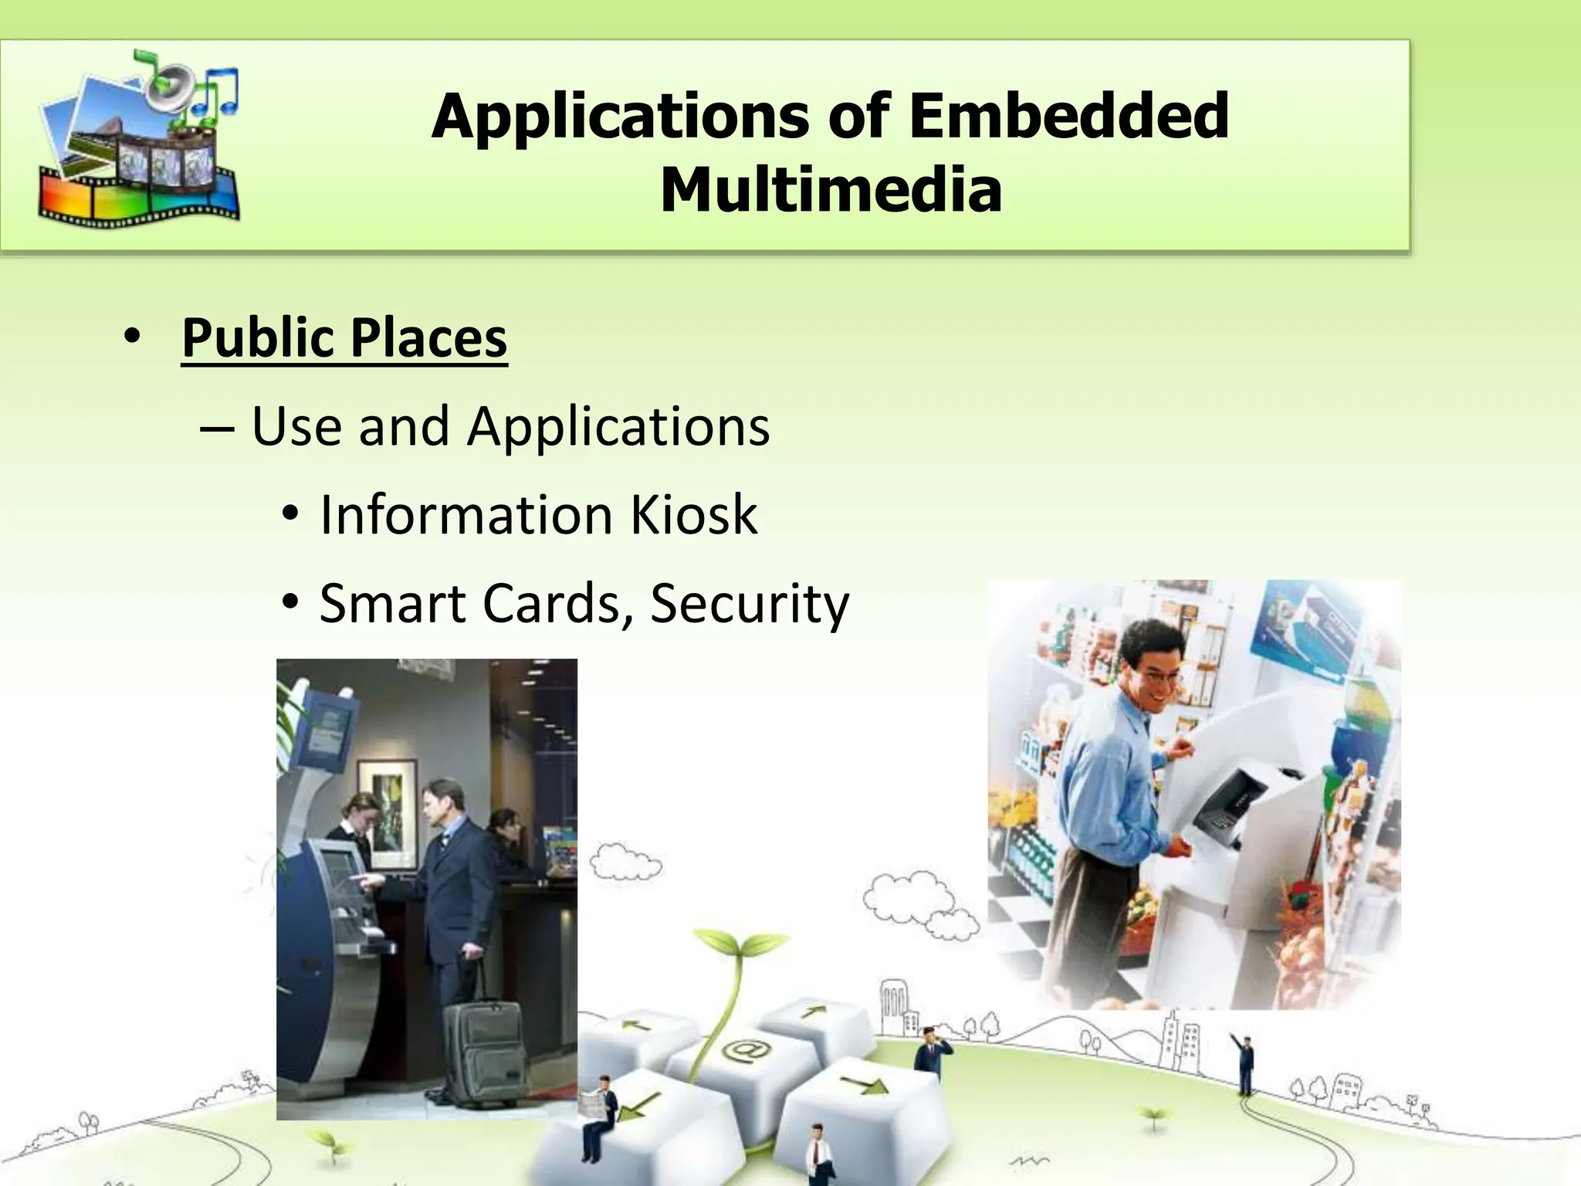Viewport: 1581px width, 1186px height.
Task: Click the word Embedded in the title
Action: [1068, 116]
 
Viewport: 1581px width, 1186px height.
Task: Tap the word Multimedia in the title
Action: [831, 190]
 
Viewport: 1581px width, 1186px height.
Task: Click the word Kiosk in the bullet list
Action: [693, 515]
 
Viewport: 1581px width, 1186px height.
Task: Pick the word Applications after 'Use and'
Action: [618, 426]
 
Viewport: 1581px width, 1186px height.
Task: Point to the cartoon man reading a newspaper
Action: [601, 1112]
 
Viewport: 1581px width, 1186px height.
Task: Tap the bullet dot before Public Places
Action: [132, 337]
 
